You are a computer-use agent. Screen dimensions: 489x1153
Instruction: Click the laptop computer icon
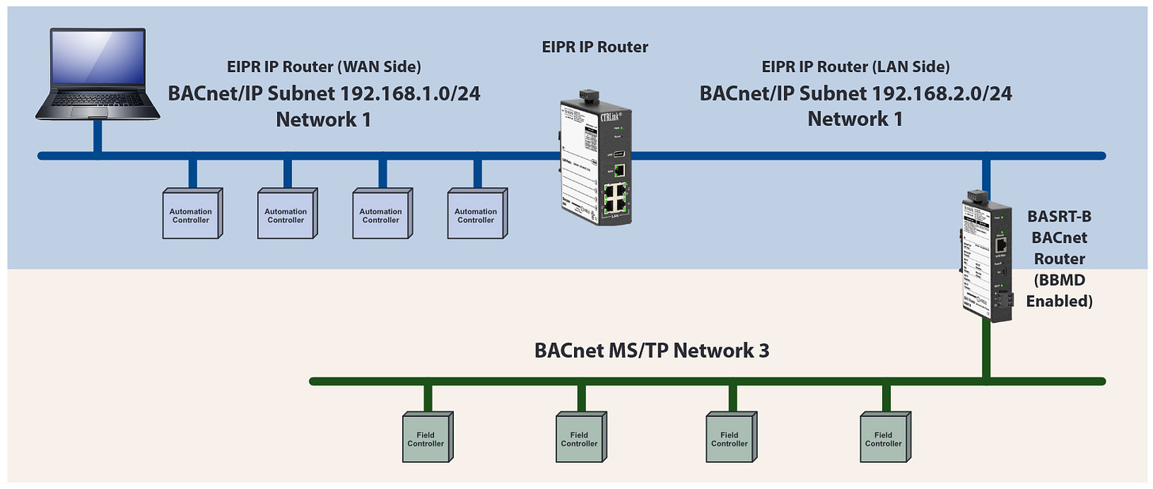click(x=97, y=74)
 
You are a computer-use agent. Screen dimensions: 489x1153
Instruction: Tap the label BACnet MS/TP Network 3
click(x=651, y=350)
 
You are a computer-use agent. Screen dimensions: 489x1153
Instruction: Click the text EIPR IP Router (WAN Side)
click(x=324, y=67)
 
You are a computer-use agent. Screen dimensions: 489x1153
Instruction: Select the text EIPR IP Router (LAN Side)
click(x=855, y=67)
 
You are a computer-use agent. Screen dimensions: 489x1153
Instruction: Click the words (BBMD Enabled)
click(x=1059, y=290)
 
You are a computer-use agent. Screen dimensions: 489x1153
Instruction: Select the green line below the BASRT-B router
click(x=986, y=348)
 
